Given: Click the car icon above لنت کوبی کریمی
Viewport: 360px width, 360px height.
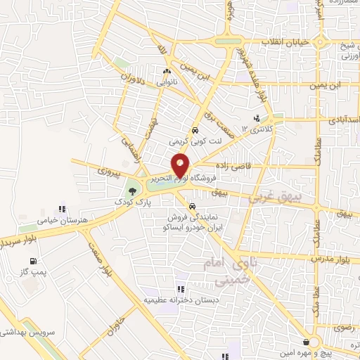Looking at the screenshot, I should point(195,130).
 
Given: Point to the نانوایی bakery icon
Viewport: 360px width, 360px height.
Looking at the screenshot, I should point(167,71).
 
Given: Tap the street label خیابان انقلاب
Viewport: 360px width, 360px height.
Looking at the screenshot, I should point(285,43).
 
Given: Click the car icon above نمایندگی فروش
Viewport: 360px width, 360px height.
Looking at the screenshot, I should point(192,206).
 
